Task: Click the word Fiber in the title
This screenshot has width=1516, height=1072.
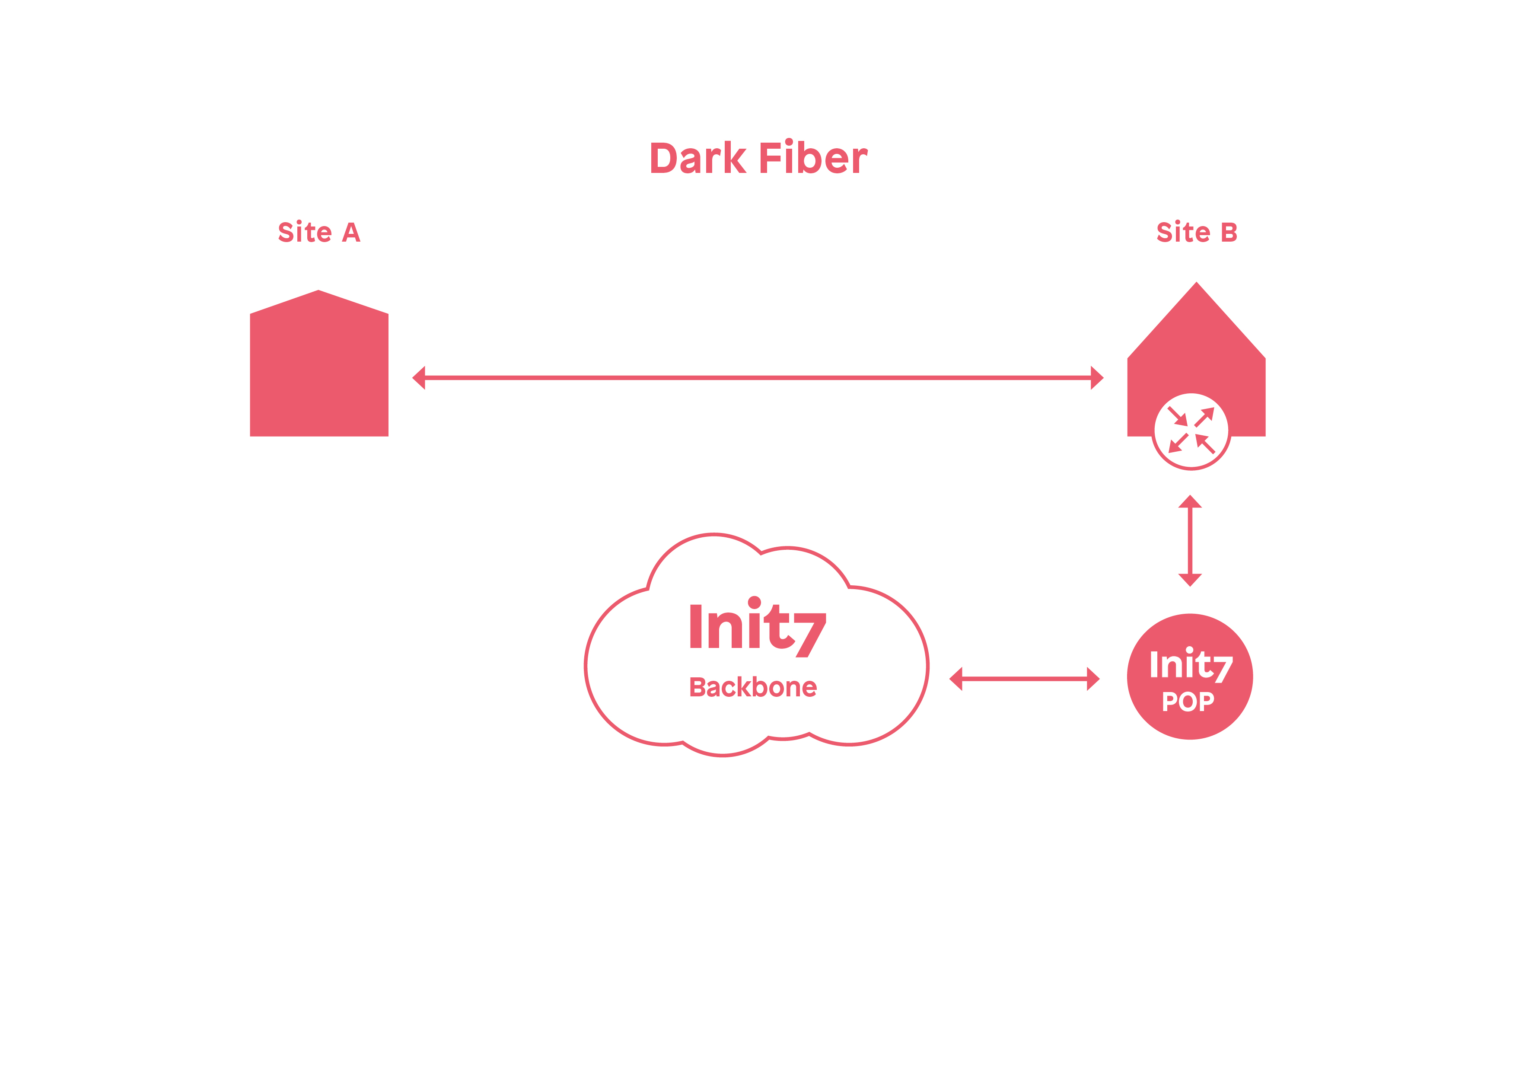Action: (x=813, y=159)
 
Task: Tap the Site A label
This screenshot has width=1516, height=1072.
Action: (x=319, y=233)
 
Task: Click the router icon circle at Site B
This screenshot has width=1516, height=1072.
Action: (x=1191, y=431)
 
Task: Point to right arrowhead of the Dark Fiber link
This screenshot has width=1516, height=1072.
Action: (x=1097, y=378)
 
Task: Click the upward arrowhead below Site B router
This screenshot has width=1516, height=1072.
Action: (x=1190, y=502)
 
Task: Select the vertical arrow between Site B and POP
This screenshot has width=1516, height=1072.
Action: (x=1190, y=540)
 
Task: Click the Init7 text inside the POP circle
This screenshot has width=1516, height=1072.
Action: (x=1191, y=665)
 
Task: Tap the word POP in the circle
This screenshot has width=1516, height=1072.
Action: (x=1188, y=702)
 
